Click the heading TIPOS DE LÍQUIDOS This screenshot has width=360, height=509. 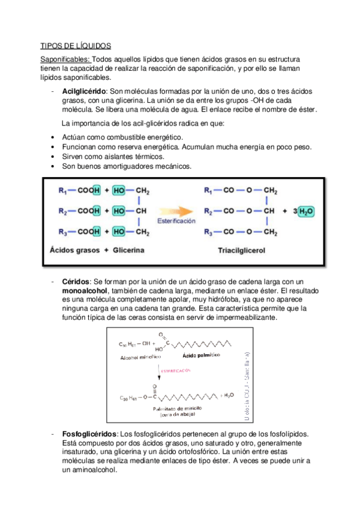(76, 46)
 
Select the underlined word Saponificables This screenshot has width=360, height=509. (65, 59)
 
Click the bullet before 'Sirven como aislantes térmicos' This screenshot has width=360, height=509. (55, 156)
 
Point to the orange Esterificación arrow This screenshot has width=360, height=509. (176, 211)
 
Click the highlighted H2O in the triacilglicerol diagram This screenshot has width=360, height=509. (305, 211)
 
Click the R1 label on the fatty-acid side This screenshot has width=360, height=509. (63, 191)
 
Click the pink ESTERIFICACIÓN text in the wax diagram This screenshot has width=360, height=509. (175, 371)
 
